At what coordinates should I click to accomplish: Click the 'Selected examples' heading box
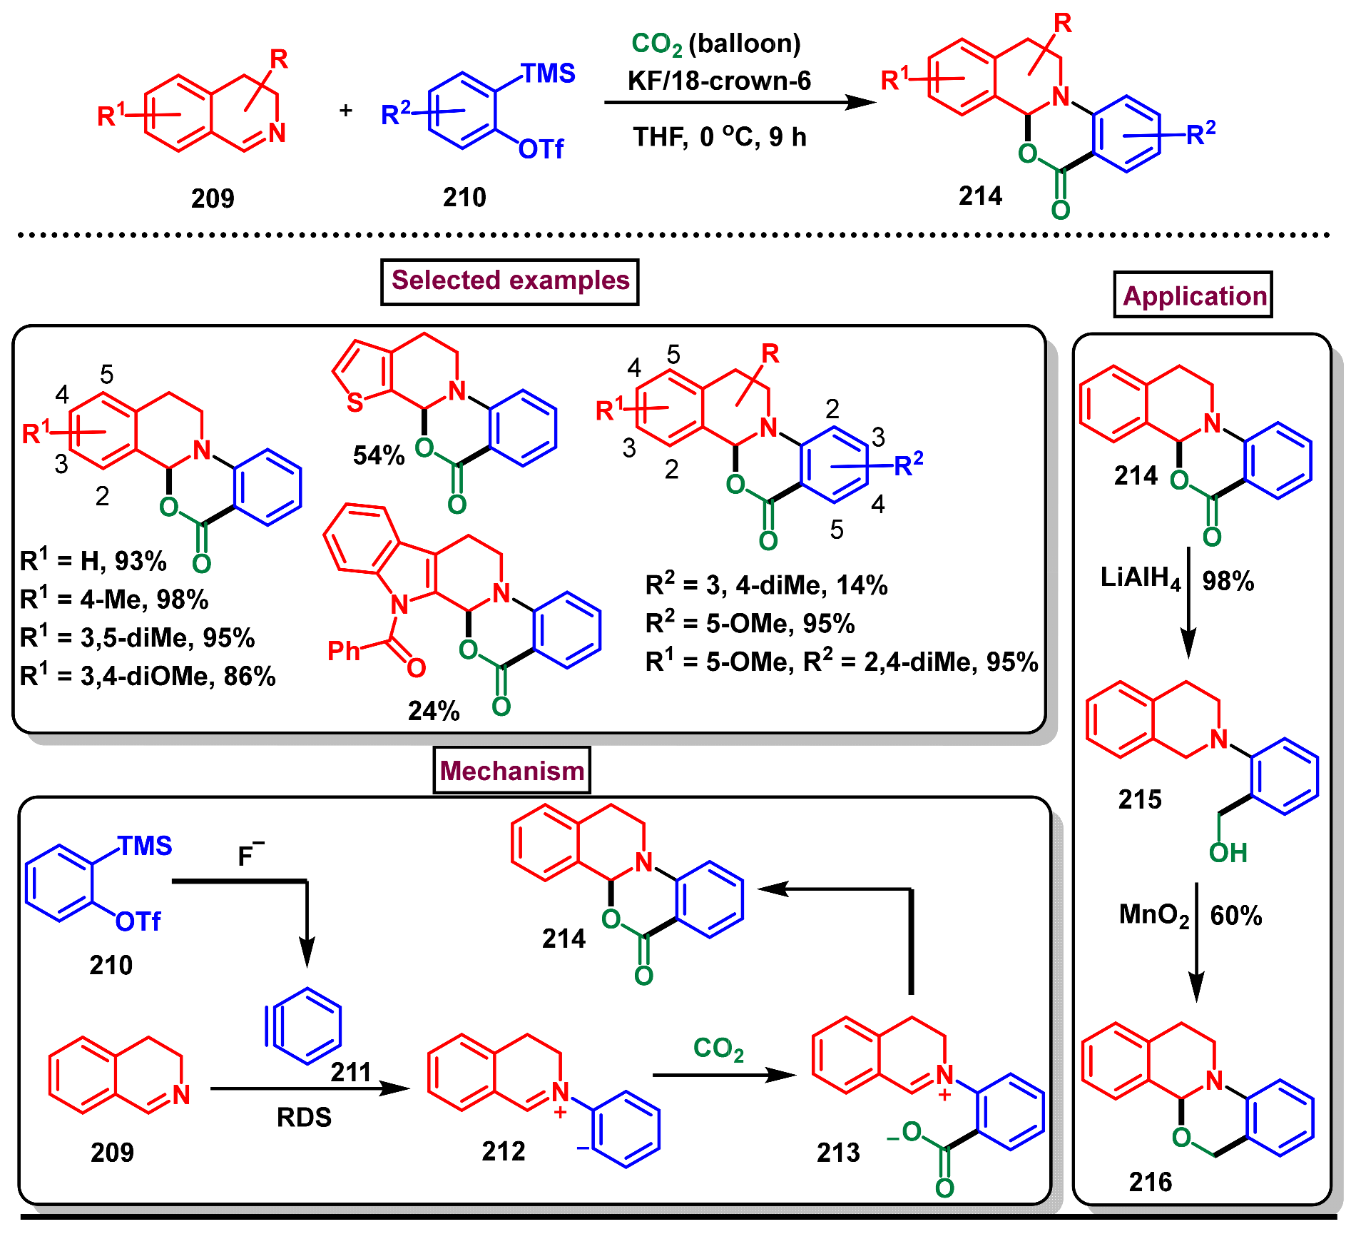click(509, 281)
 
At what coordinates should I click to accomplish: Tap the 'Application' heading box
click(1193, 295)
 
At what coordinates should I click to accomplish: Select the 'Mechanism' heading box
click(511, 771)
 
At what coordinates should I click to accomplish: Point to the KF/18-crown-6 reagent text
click(719, 81)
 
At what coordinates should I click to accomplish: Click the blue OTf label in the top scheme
click(541, 150)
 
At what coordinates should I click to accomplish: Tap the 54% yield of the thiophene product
click(378, 455)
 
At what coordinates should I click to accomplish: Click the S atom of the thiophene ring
click(355, 403)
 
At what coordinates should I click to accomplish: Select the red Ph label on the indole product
click(343, 651)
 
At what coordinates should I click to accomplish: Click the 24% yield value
click(433, 711)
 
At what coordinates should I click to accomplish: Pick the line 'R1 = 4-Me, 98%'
click(114, 600)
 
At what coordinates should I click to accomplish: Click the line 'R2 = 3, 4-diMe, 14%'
click(766, 586)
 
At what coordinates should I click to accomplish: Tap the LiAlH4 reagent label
click(1140, 578)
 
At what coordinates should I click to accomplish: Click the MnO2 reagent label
click(1153, 915)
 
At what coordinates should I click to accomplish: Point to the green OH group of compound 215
click(1228, 853)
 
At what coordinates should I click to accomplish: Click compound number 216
click(1150, 1183)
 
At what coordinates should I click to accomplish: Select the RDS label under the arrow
click(304, 1118)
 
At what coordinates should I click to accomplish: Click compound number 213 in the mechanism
click(838, 1153)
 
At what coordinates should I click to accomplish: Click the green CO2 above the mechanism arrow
click(718, 1048)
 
